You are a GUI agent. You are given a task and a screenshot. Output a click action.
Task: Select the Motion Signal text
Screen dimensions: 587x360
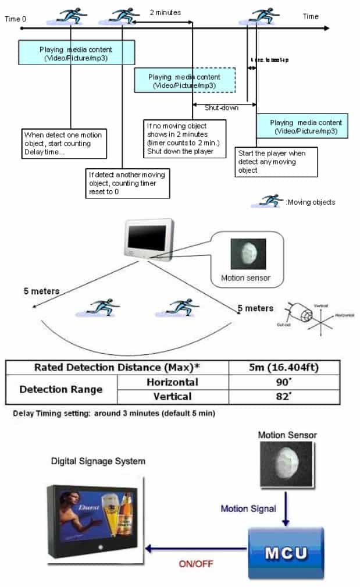tap(248, 508)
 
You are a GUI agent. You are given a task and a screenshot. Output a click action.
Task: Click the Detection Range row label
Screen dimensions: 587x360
tap(60, 389)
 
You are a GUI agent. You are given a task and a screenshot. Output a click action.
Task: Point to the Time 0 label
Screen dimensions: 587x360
tap(16, 19)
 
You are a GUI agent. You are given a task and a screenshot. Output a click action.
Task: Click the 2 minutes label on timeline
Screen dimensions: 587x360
tap(165, 12)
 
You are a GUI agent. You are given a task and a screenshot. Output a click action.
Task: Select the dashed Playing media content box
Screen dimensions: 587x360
tap(184, 80)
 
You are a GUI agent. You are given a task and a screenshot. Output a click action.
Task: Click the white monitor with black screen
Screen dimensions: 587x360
tap(149, 238)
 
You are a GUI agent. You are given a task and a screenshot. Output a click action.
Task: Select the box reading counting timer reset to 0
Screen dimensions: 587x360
tap(127, 183)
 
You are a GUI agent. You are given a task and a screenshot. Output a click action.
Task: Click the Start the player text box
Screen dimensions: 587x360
tap(276, 162)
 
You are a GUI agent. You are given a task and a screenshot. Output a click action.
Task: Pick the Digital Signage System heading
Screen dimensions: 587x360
tap(98, 461)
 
